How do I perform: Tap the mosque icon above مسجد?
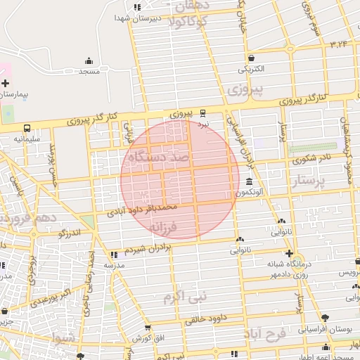pyautogui.click(x=89, y=60)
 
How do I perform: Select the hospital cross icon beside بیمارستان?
pyautogui.click(x=5, y=83)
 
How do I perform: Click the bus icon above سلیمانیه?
pyautogui.click(x=27, y=129)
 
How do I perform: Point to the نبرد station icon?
pyautogui.click(x=203, y=112)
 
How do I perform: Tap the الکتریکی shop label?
pyautogui.click(x=251, y=69)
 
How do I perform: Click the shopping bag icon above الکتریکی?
pyautogui.click(x=251, y=58)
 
